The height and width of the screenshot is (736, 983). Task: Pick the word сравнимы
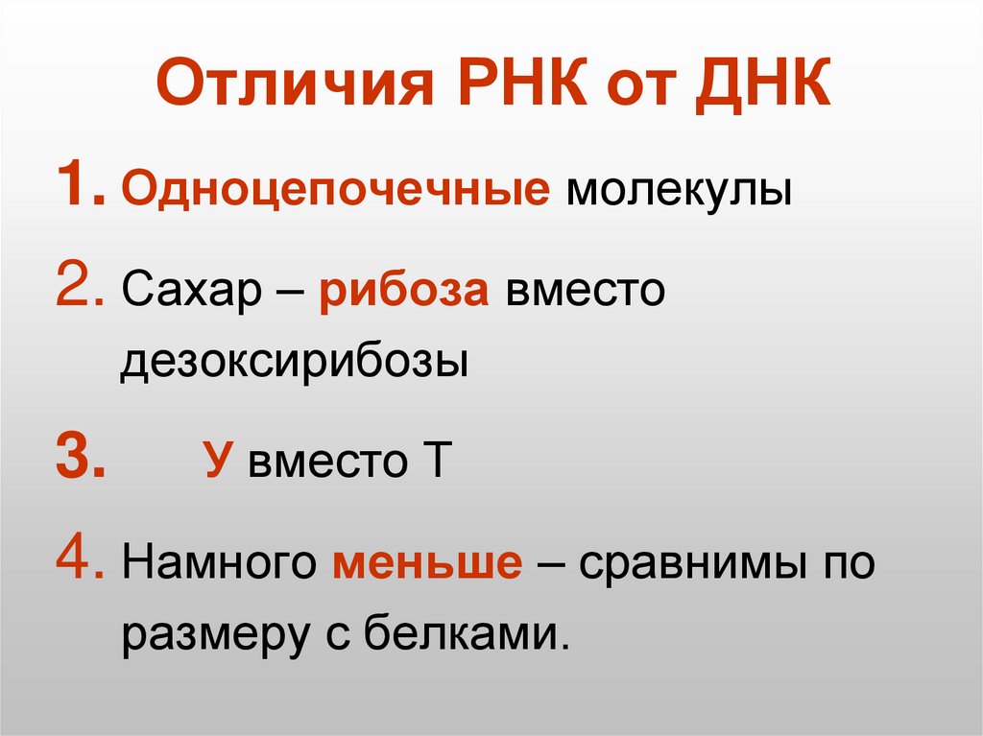point(690,564)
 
